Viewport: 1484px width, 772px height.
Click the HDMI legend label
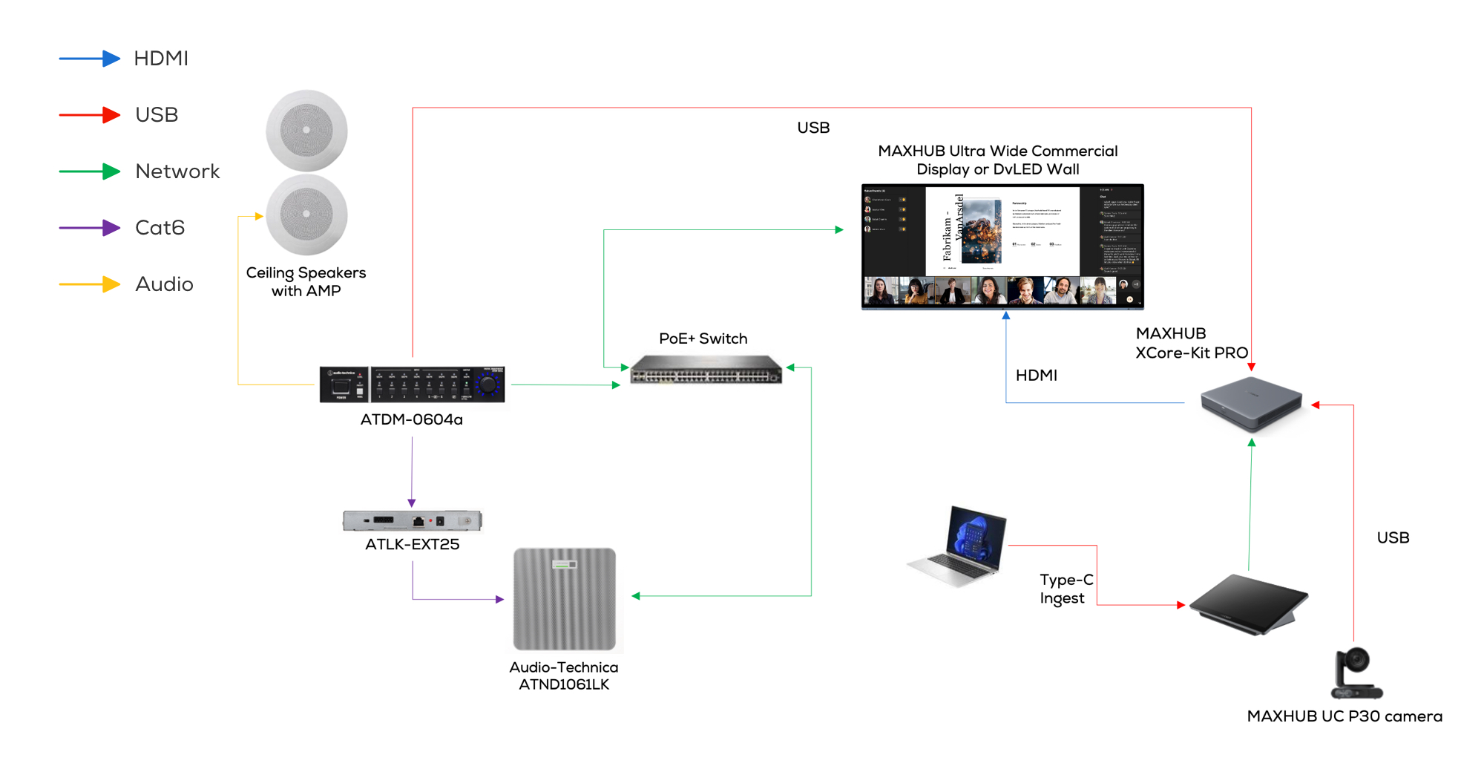pyautogui.click(x=161, y=59)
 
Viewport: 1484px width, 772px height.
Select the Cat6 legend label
pyautogui.click(x=160, y=228)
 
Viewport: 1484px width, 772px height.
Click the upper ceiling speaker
pyautogui.click(x=306, y=130)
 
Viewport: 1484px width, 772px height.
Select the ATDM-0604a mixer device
pyautogui.click(x=412, y=385)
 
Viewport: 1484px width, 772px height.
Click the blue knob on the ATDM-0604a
pyautogui.click(x=487, y=385)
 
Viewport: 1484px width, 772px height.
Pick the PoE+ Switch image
pyautogui.click(x=706, y=369)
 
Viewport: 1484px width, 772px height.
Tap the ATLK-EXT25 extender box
pyautogui.click(x=413, y=521)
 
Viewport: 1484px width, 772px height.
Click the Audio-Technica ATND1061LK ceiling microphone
pyautogui.click(x=565, y=599)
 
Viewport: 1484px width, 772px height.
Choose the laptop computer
pyautogui.click(x=959, y=548)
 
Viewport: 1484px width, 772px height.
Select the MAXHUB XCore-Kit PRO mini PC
pyautogui.click(x=1252, y=403)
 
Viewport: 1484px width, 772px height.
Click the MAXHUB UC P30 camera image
pyautogui.click(x=1356, y=673)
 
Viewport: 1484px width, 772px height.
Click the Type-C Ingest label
pyautogui.click(x=1066, y=589)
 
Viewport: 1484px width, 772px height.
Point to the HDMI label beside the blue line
pyautogui.click(x=1036, y=376)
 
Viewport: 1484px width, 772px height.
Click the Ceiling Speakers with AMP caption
pyautogui.click(x=306, y=282)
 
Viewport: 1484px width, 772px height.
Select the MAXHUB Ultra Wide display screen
pyautogui.click(x=1002, y=246)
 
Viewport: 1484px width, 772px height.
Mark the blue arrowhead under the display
pyautogui.click(x=1006, y=315)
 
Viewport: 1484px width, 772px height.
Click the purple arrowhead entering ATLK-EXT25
pyautogui.click(x=412, y=503)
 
